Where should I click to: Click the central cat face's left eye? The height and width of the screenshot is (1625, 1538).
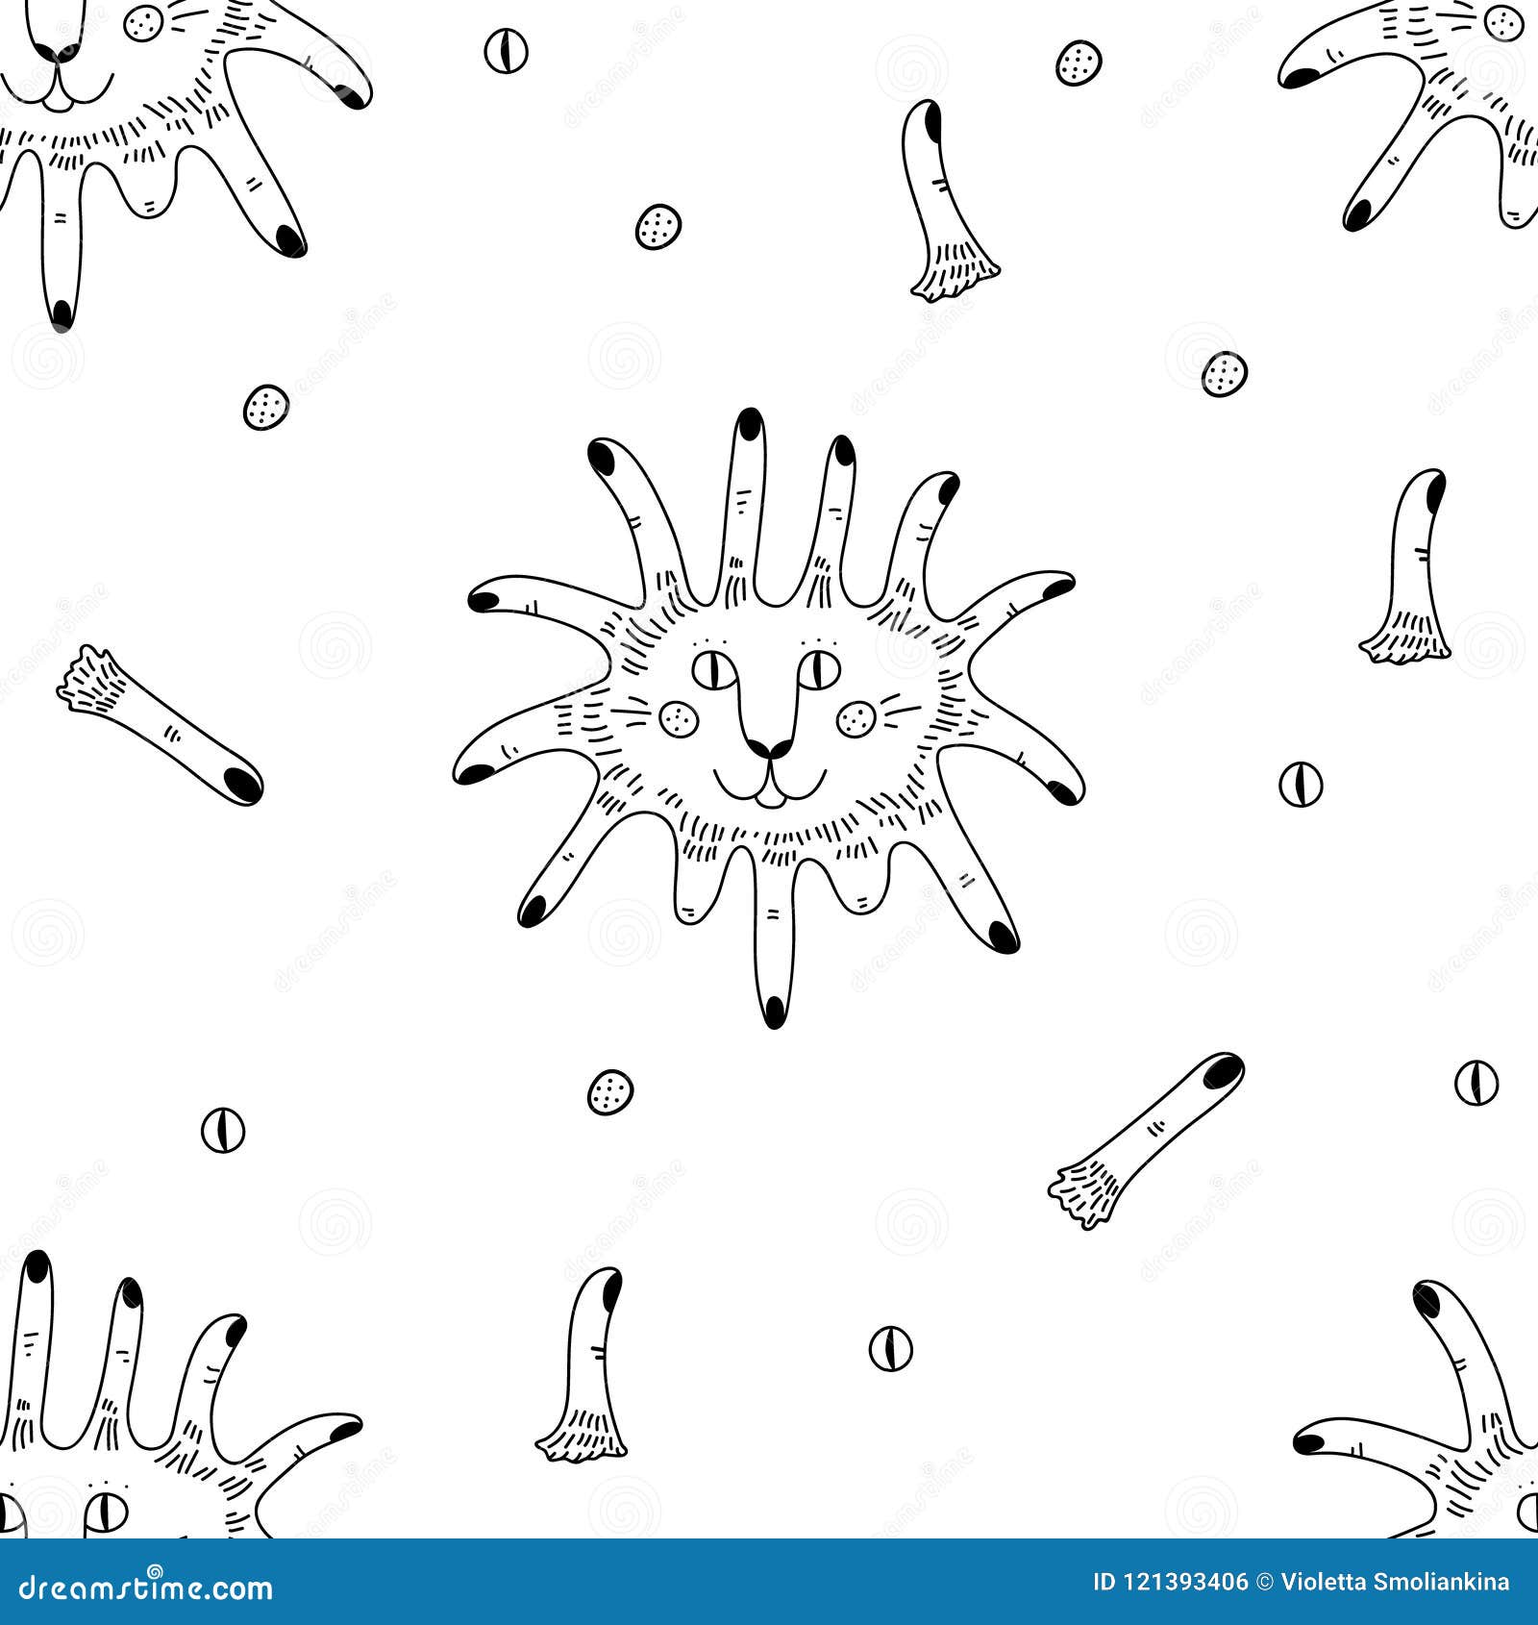coord(714,669)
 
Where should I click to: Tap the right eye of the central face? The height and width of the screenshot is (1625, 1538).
coord(820,669)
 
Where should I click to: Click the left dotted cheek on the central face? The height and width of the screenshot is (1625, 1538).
coord(680,718)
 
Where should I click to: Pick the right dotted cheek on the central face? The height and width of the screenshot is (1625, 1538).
coord(855,718)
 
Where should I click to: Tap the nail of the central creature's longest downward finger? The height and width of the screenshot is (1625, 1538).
coord(774,1010)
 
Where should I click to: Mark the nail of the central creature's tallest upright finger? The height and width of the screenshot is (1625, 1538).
coord(749,423)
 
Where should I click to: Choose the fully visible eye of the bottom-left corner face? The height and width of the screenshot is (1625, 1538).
coord(106,1513)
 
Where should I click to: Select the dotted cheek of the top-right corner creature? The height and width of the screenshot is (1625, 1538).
coord(1501,22)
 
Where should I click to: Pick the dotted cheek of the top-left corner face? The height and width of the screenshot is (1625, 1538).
coord(144,23)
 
